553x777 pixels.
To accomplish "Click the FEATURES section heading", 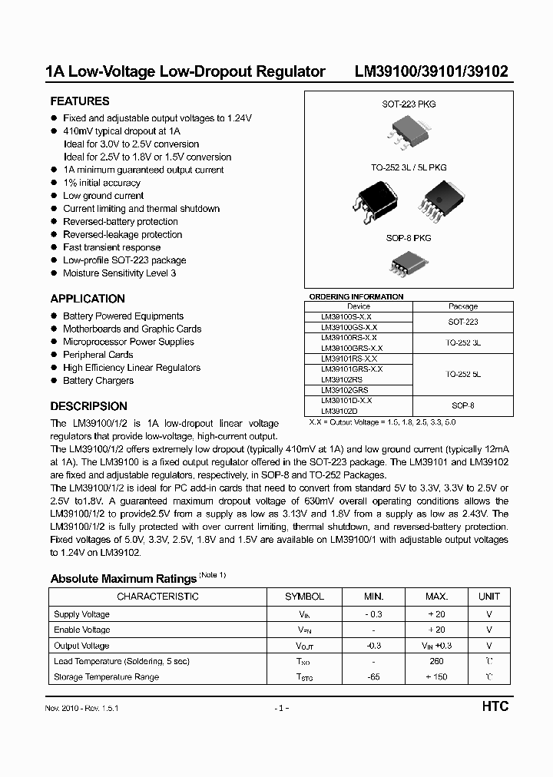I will (x=80, y=101).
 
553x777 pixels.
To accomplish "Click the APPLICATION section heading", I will (x=88, y=299).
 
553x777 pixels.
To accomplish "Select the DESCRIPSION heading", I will (x=88, y=406).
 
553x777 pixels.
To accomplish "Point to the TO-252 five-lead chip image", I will (x=441, y=200).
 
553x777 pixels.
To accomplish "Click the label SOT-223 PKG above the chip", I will (x=409, y=104).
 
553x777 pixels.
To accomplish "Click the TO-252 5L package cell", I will (x=462, y=374).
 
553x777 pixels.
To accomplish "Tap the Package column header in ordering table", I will (x=462, y=306).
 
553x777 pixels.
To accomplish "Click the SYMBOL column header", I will (x=304, y=597).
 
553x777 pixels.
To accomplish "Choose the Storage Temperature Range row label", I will (x=106, y=677).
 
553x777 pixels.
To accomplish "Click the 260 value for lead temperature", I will (x=436, y=661).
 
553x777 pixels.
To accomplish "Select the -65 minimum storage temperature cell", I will (x=373, y=677).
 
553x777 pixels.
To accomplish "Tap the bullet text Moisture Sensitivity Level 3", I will (x=119, y=273).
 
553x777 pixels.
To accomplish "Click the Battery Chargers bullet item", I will (x=98, y=381).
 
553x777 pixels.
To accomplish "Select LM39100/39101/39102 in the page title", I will (x=430, y=72).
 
